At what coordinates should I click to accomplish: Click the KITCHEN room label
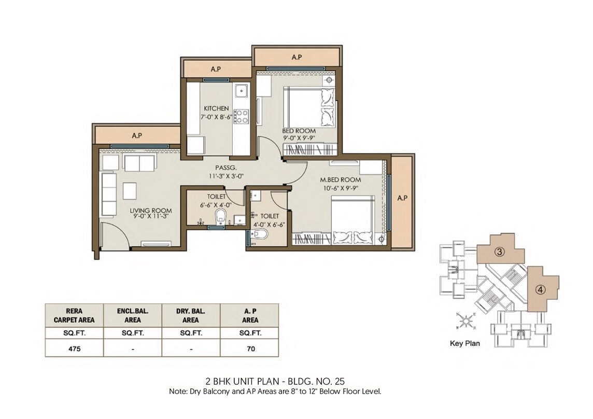(216, 108)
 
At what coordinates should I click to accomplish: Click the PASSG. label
(226, 167)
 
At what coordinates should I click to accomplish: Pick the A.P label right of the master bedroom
(402, 198)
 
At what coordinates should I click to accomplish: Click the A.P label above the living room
(136, 135)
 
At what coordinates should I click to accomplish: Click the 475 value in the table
(74, 349)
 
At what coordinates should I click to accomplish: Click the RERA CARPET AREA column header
(74, 316)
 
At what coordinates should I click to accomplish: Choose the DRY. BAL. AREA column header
(191, 316)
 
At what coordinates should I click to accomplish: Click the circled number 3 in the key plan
(499, 253)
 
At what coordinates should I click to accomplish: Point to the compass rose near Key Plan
(467, 322)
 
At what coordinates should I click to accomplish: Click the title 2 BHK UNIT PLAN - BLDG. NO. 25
(275, 381)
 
